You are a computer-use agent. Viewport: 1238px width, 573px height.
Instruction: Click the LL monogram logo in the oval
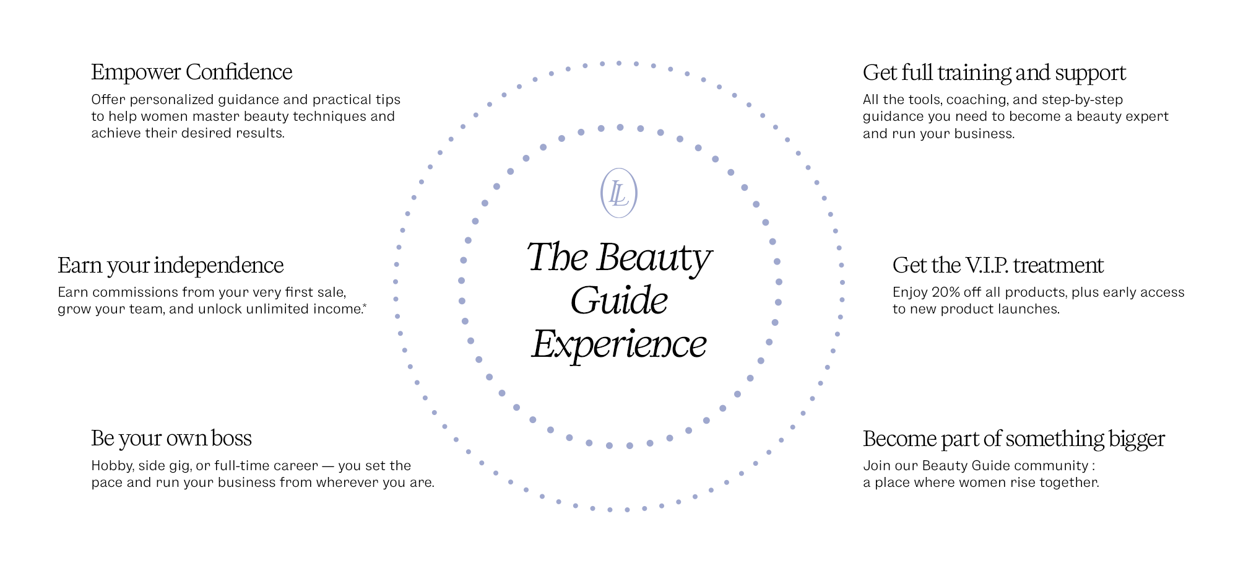coord(618,193)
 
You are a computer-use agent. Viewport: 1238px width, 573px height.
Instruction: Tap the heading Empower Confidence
coord(191,72)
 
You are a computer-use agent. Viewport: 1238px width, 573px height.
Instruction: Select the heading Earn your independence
coord(170,266)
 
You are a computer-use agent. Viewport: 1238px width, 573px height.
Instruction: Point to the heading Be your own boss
coord(171,439)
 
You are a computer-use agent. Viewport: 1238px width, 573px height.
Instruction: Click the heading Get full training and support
coord(994,73)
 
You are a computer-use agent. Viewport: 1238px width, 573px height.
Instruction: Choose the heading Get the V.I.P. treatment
coord(998,266)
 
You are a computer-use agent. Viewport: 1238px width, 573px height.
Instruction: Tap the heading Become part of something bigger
coord(1013,439)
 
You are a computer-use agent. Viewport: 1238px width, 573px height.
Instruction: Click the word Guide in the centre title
coord(619,301)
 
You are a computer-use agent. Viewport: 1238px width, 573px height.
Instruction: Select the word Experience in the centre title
coord(619,344)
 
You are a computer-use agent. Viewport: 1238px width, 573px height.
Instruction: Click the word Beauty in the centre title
coord(654,258)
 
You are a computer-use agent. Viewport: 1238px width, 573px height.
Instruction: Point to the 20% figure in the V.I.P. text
coord(945,292)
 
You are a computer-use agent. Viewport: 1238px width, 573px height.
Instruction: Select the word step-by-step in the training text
coord(1082,100)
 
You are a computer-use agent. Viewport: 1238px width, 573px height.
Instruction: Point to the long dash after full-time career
coord(328,466)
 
